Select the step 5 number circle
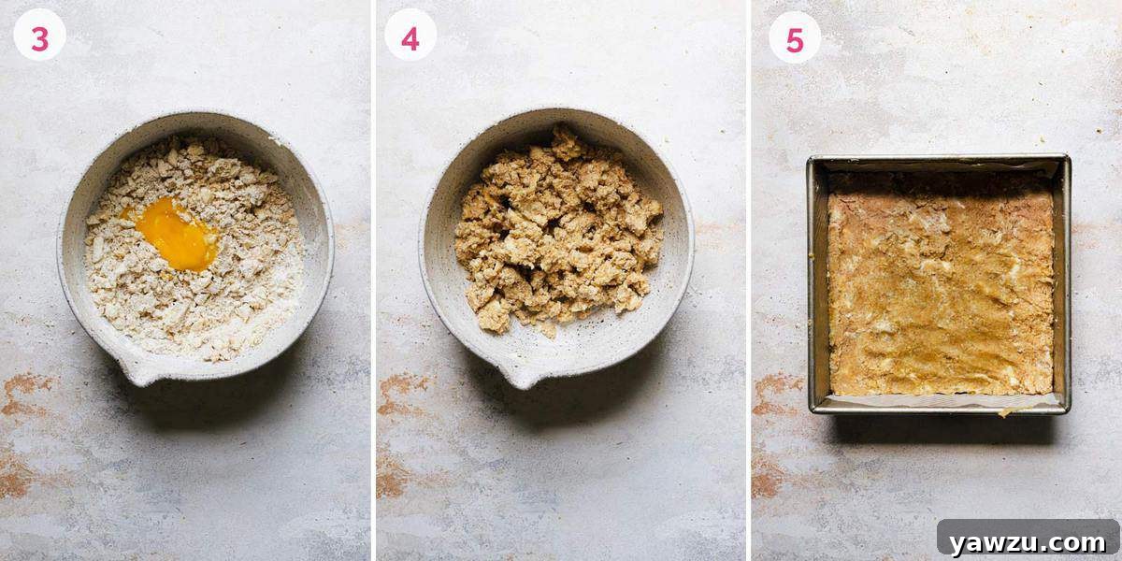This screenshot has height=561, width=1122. tap(795, 37)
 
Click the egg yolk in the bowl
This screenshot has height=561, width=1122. tap(177, 234)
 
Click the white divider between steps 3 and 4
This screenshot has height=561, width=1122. tap(373, 280)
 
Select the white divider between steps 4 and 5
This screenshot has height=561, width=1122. tap(749, 280)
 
